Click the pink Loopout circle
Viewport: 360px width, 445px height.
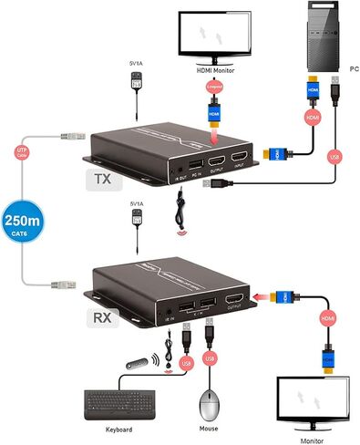216,87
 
